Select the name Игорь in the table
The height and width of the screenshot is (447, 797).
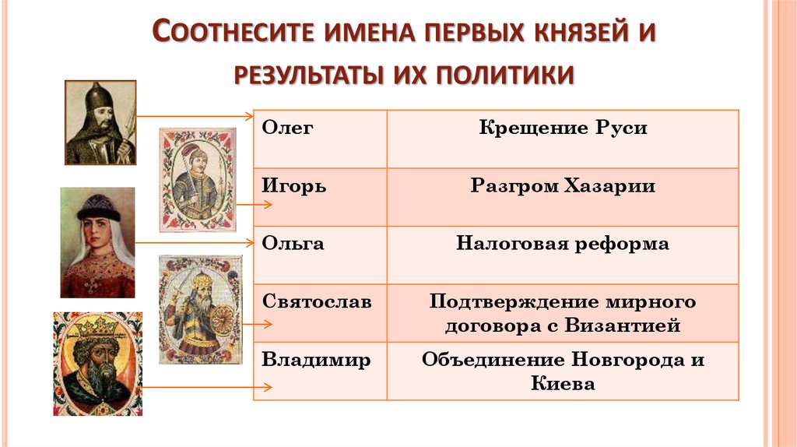click(293, 186)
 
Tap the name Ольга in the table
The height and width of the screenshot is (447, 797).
click(293, 244)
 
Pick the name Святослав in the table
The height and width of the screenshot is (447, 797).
click(317, 301)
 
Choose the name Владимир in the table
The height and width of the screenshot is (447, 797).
click(316, 360)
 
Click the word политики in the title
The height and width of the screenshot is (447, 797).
click(504, 75)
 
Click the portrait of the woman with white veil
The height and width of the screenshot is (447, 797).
click(97, 242)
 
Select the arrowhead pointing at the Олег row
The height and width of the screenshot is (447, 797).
click(250, 117)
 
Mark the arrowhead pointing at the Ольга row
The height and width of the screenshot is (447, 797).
click(250, 242)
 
